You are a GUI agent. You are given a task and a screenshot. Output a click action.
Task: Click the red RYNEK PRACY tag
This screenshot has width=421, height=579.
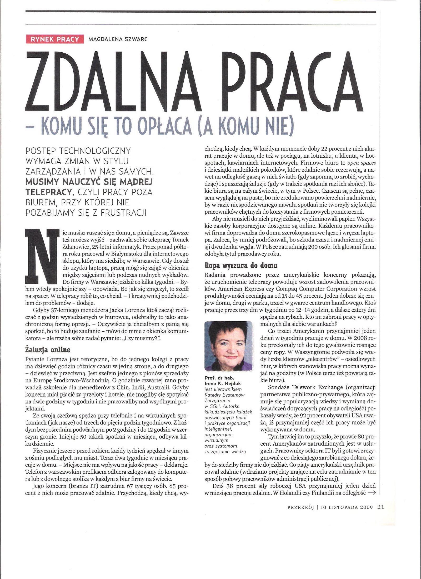(x=55, y=39)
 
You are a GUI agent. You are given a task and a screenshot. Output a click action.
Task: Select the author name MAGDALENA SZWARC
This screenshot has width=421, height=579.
(x=118, y=39)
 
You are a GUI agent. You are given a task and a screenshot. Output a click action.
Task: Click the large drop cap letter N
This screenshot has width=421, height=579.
(x=42, y=256)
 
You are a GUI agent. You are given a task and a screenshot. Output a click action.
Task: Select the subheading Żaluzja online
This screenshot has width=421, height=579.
(x=48, y=350)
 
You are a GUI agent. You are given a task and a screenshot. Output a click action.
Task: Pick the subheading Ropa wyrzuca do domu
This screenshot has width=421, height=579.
(x=241, y=265)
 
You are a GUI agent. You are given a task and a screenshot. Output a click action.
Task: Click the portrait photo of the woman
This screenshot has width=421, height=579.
(x=228, y=346)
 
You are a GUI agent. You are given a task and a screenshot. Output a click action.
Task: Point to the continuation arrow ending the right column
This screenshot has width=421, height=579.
(x=372, y=493)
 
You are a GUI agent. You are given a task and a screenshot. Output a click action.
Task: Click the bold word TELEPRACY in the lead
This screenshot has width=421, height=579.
(x=49, y=192)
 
